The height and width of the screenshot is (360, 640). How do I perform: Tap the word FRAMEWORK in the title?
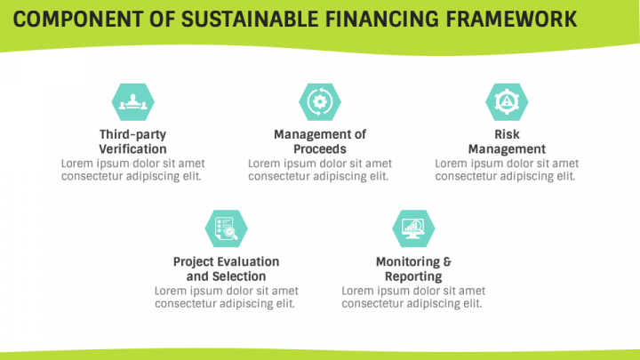[x=510, y=20]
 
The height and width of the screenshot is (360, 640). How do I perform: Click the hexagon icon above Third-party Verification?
[x=132, y=101]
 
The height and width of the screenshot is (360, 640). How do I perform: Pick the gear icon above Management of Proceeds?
[x=319, y=101]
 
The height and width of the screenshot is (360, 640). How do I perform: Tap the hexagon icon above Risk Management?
[x=507, y=101]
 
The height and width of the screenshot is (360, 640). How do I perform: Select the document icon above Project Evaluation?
[x=226, y=228]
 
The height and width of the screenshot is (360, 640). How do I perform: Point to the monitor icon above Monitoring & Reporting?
[x=413, y=228]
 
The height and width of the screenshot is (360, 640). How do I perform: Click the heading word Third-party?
[x=132, y=134]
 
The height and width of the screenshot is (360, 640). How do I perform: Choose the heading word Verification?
[x=132, y=149]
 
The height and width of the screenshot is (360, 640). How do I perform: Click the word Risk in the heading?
[x=507, y=134]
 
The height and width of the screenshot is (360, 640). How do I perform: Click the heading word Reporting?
[x=413, y=277]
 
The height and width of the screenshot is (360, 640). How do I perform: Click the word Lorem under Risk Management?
[x=452, y=164]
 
